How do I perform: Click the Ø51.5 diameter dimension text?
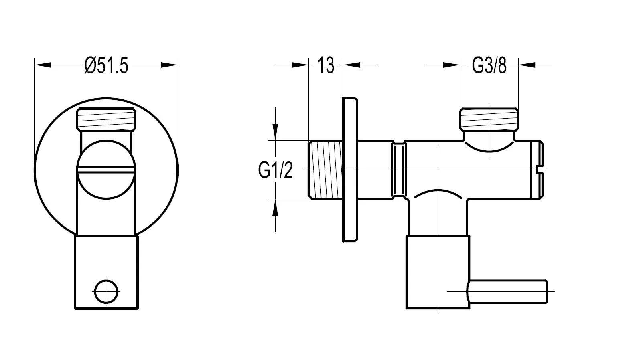tap(106, 65)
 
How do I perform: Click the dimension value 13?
tap(326, 65)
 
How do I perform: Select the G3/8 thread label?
tap(489, 65)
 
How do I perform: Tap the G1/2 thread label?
tap(275, 170)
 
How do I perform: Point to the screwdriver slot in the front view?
tap(106, 172)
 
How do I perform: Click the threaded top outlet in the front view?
tap(106, 118)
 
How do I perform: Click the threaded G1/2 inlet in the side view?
tap(325, 170)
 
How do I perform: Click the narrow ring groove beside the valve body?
tap(398, 170)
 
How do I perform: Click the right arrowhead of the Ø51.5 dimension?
tap(169, 65)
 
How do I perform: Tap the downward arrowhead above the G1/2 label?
tap(275, 131)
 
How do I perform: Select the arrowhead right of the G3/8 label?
tap(527, 65)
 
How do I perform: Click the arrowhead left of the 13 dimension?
tap(300, 65)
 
